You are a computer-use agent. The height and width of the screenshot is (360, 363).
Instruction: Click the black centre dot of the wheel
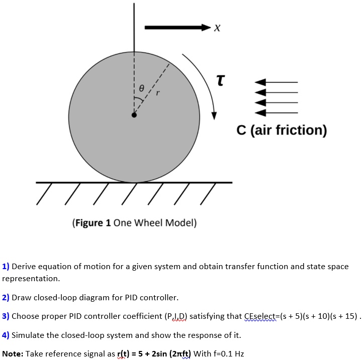coord(134,115)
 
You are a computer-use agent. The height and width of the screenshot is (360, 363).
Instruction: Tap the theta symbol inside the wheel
coord(142,87)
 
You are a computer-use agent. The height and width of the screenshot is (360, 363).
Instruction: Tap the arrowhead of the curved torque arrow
coord(214,115)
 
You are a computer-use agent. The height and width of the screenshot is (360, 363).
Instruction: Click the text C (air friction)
coord(282,131)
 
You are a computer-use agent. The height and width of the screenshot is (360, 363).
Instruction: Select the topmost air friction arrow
coord(277,82)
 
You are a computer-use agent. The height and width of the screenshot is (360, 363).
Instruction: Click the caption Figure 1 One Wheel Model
coord(134,223)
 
